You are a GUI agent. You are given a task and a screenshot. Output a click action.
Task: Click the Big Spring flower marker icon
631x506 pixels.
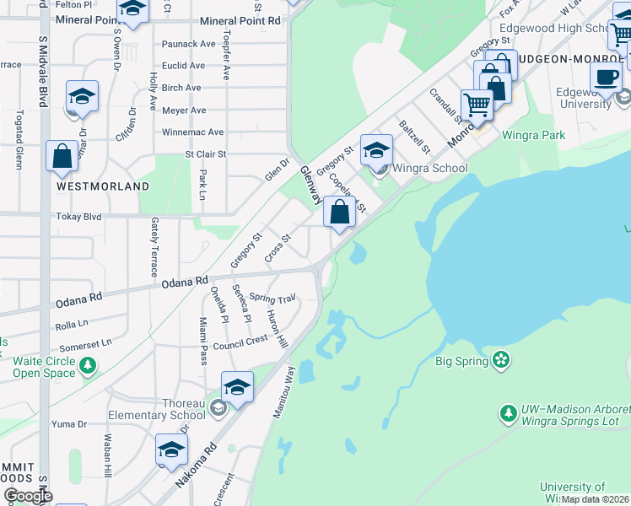coord(502,361)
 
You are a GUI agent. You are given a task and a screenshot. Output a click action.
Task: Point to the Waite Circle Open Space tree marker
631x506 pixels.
coord(87,366)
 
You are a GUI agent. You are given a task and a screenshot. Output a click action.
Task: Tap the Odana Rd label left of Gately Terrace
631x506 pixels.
coord(78,297)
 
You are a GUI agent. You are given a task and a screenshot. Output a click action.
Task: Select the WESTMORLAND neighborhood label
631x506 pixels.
coord(103,186)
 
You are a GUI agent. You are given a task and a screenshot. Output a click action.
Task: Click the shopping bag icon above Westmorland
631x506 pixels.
coord(62,156)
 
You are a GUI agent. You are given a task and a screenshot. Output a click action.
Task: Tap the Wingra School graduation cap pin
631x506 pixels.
coord(376,151)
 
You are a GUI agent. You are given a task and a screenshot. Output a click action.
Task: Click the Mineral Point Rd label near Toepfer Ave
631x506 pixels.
coord(240,20)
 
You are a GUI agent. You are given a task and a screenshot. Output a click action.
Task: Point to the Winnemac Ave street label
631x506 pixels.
coord(192,132)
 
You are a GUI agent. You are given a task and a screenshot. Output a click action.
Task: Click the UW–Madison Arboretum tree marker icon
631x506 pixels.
coord(508,413)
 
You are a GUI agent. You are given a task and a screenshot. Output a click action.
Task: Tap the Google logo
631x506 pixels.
coord(28,496)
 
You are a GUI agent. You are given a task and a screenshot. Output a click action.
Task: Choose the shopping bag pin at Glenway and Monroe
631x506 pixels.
coord(339,212)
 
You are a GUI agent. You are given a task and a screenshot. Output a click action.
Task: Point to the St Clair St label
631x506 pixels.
coord(206,154)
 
